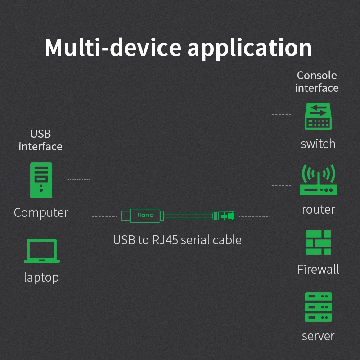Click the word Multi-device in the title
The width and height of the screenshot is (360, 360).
(x=112, y=47)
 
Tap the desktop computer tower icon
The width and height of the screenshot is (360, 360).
(x=41, y=180)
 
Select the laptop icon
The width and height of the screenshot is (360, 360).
(x=41, y=251)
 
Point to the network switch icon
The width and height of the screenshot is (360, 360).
(x=318, y=117)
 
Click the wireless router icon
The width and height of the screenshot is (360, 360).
(x=318, y=180)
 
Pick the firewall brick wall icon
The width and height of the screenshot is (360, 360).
(x=318, y=243)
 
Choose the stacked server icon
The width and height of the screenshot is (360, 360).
(x=318, y=307)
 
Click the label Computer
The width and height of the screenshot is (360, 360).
(x=41, y=212)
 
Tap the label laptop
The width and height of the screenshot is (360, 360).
(x=41, y=277)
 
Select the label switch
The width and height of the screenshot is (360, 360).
(x=318, y=144)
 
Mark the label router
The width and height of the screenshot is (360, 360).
(x=318, y=209)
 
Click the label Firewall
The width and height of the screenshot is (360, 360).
(x=318, y=269)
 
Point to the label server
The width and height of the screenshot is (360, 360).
(x=318, y=336)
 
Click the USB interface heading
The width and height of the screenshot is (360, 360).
(x=40, y=140)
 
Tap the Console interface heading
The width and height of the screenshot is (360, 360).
(x=317, y=81)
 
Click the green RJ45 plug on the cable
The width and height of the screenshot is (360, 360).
(x=224, y=216)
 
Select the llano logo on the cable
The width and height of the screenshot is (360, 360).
(x=145, y=215)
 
